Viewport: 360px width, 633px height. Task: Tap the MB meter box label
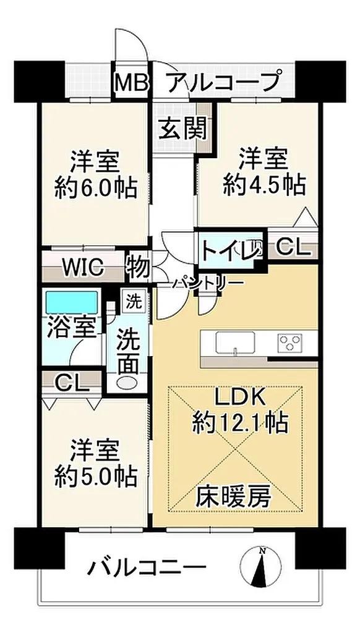[x=132, y=82]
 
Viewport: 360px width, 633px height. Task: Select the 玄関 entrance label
[x=182, y=128]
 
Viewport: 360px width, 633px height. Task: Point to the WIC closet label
[x=85, y=267]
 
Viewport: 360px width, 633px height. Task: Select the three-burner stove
[x=290, y=343]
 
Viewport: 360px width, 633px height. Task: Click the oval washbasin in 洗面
[x=127, y=382]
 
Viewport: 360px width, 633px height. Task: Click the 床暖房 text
[x=234, y=496]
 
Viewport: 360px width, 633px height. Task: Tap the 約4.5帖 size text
[x=264, y=185]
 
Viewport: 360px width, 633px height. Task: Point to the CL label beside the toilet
[x=294, y=247]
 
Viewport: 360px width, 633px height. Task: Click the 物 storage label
[x=138, y=267]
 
